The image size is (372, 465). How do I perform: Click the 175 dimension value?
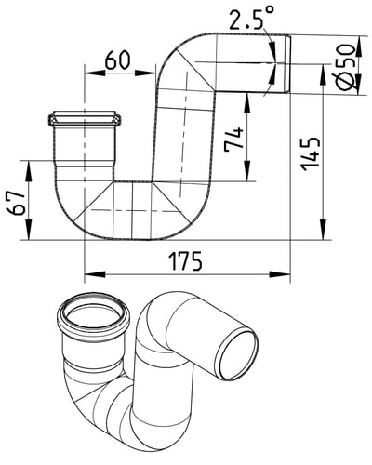coord(185,261)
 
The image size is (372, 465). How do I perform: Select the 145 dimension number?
coord(311,153)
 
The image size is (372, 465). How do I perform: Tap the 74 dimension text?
coord(234,139)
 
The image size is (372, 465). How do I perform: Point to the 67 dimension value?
coord(16,203)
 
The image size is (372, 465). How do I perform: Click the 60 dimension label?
coord(117,60)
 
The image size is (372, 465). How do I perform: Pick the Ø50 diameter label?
coord(346,67)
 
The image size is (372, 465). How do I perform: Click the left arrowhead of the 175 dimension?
coord(95,274)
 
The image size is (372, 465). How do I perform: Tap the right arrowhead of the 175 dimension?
coord(280,274)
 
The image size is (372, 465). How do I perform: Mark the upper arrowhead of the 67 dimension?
coord(28,171)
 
